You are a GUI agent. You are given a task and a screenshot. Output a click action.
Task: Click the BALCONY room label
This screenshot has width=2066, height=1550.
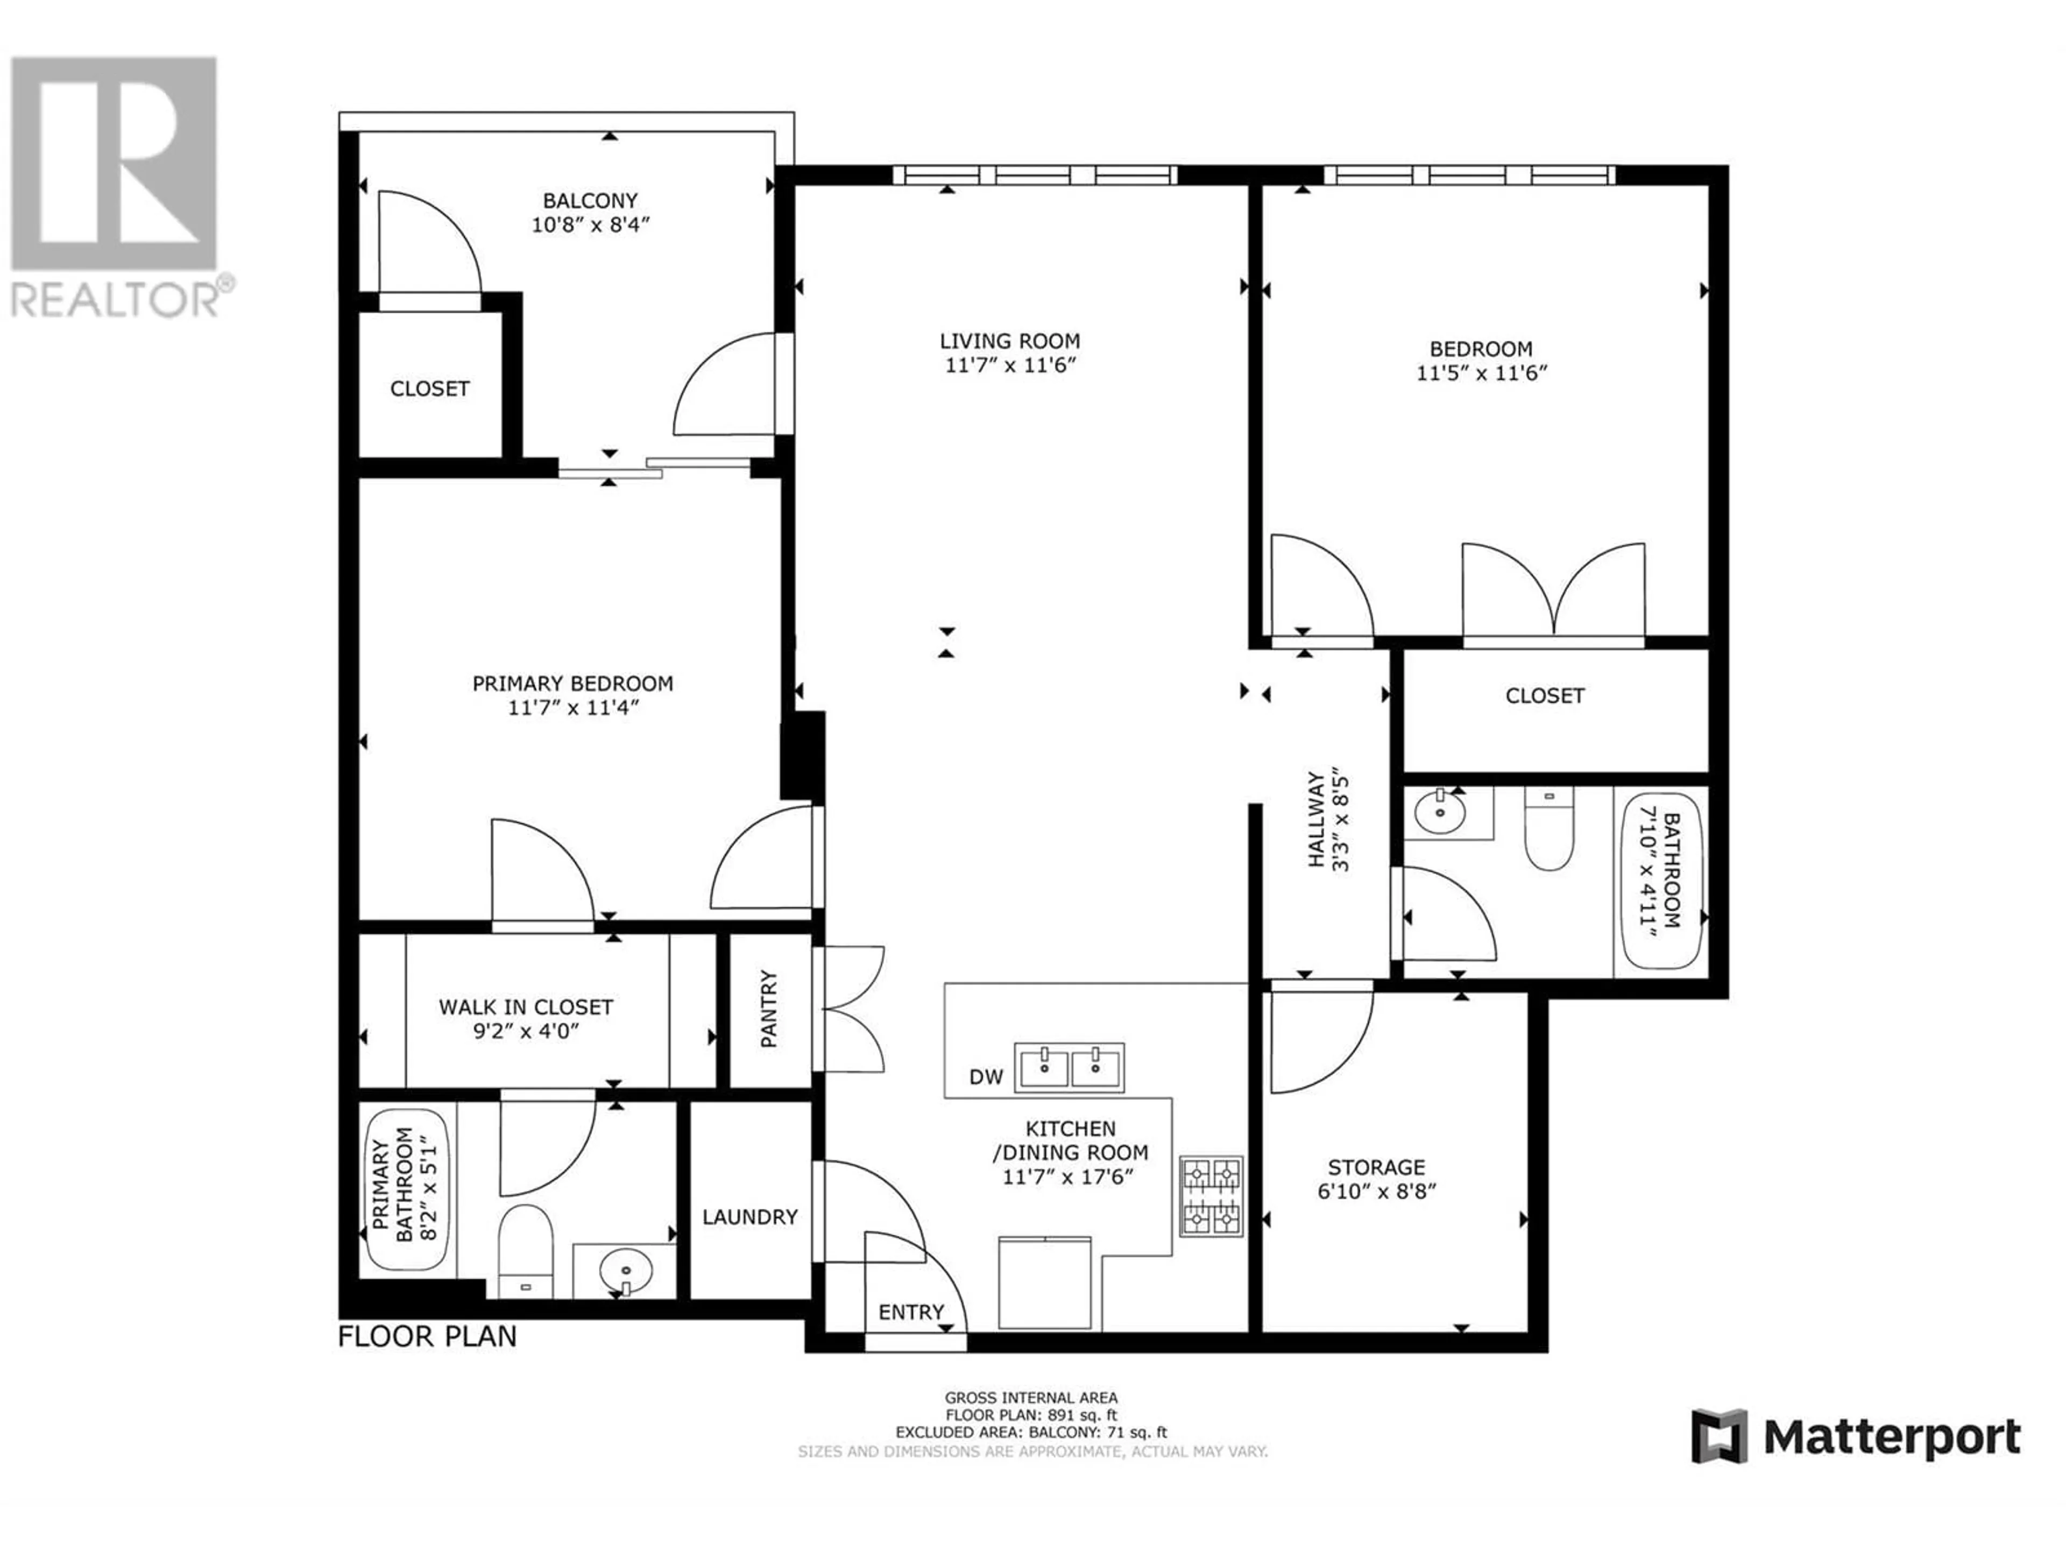tap(590, 201)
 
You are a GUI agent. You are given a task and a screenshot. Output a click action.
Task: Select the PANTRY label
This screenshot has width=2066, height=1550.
tap(769, 1009)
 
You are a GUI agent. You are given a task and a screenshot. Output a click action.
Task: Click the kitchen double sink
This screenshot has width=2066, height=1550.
tap(1070, 1068)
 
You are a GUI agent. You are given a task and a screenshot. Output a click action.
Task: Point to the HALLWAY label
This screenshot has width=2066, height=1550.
tap(1315, 819)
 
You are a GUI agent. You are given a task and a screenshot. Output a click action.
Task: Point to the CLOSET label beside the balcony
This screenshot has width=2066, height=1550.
tap(430, 389)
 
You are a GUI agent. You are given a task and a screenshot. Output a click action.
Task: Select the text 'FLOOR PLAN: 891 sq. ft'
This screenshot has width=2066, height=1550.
tap(1031, 1415)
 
